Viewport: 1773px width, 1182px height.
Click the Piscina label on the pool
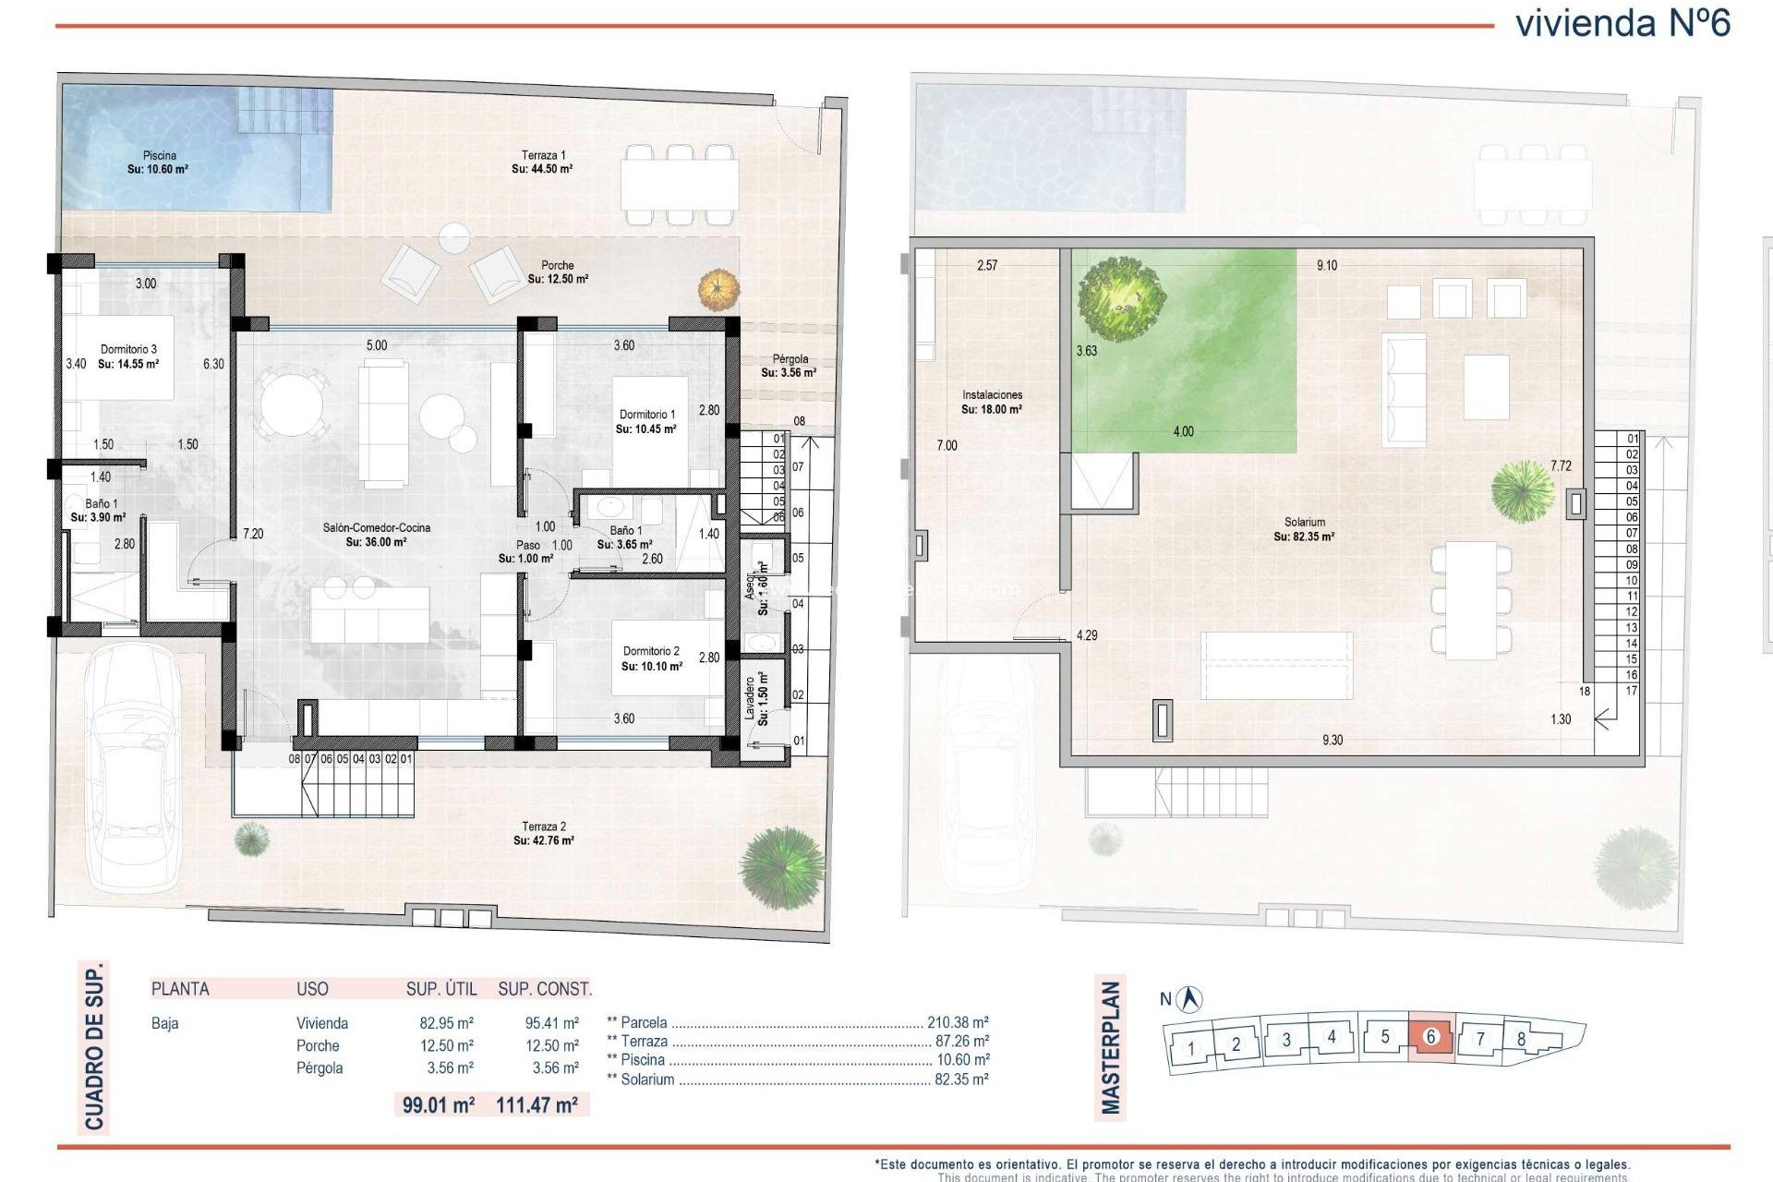pyautogui.click(x=159, y=163)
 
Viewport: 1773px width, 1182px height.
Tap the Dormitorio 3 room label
pyautogui.click(x=128, y=356)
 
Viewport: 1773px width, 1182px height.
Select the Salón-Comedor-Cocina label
pyautogui.click(x=377, y=535)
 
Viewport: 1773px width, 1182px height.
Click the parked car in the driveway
pyautogui.click(x=132, y=766)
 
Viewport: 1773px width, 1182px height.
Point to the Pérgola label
pyautogui.click(x=790, y=366)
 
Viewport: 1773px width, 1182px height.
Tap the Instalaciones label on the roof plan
pyautogui.click(x=992, y=402)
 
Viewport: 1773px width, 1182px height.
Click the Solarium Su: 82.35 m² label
pyautogui.click(x=1304, y=529)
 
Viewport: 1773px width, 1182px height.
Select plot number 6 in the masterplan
pyautogui.click(x=1430, y=1037)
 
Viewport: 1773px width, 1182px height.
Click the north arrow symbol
pyautogui.click(x=1192, y=998)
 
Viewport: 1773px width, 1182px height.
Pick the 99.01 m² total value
pyautogui.click(x=439, y=1104)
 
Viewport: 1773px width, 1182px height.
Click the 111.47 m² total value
pyautogui.click(x=537, y=1104)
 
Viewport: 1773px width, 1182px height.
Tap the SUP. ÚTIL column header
pyautogui.click(x=441, y=989)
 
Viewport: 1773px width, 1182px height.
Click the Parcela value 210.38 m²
pyautogui.click(x=958, y=1022)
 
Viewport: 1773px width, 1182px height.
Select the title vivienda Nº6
pyautogui.click(x=1622, y=23)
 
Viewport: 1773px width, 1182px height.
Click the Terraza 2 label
pyautogui.click(x=544, y=833)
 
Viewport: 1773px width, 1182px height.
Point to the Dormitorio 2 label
pyautogui.click(x=651, y=658)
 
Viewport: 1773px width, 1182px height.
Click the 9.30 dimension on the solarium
pyautogui.click(x=1332, y=740)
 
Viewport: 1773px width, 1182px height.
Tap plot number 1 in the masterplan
pyautogui.click(x=1191, y=1048)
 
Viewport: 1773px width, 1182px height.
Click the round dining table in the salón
pyautogui.click(x=292, y=404)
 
